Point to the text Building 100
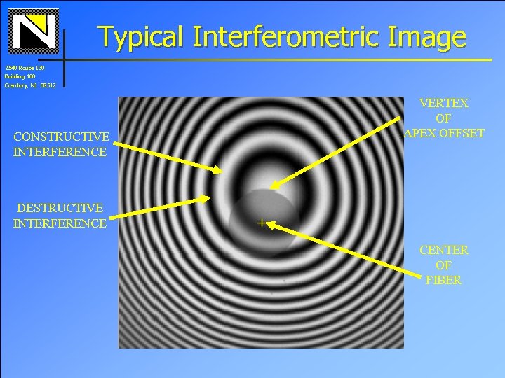[x=19, y=76]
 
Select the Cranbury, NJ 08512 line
[x=29, y=85]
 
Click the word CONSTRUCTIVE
[x=61, y=136]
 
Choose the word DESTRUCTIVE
[x=60, y=208]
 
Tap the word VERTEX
[x=443, y=103]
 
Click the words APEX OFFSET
[x=443, y=133]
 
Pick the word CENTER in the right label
[x=443, y=250]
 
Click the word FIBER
[x=443, y=280]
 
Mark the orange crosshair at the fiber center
[x=261, y=223]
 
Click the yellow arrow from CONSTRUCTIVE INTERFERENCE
[x=168, y=157]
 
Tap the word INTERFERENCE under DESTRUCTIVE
[x=60, y=223]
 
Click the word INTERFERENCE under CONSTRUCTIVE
[x=60, y=151]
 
